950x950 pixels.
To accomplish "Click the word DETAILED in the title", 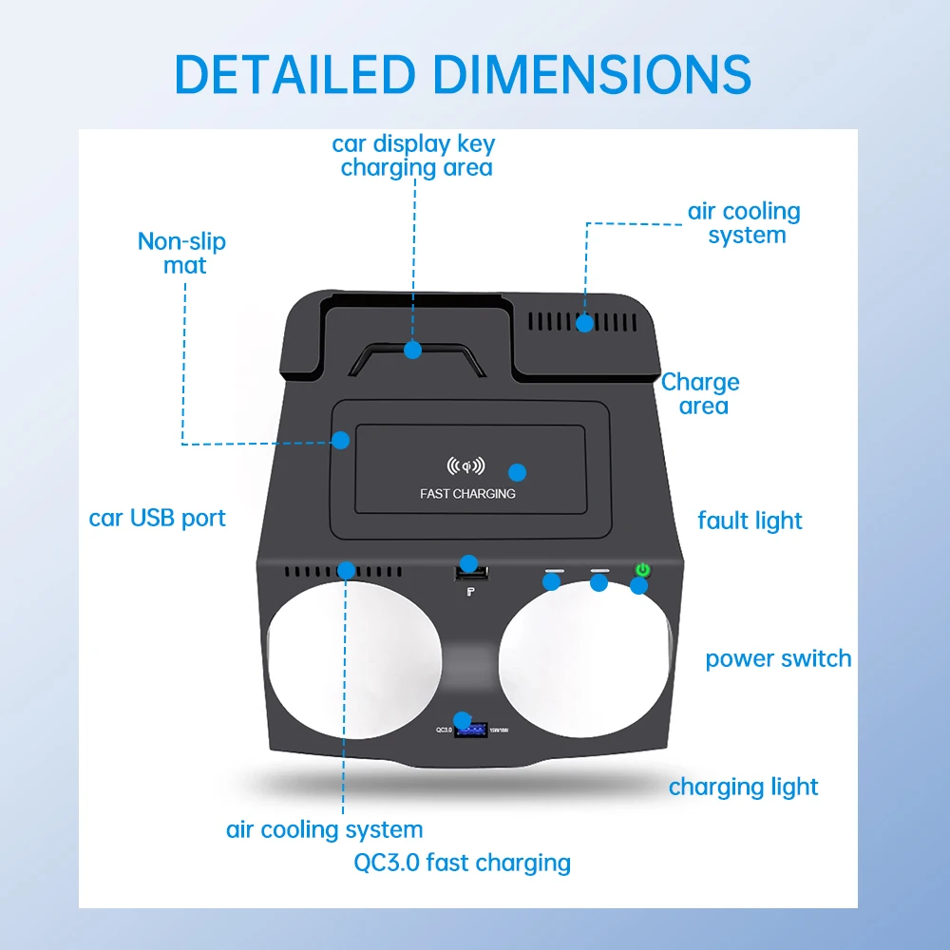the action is tap(295, 74).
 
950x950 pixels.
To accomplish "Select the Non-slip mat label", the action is tap(182, 253).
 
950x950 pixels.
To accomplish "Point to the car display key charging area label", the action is tap(414, 156).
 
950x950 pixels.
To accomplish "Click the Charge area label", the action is tap(700, 394).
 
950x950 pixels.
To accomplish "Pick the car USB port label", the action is tap(158, 519).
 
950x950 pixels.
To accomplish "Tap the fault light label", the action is tap(750, 521).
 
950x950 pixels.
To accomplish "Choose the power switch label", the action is tap(778, 659).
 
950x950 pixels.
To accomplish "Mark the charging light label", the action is tap(743, 788).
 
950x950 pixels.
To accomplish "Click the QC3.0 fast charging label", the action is tap(462, 863).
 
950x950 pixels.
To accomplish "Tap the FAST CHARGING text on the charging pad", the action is tap(467, 494).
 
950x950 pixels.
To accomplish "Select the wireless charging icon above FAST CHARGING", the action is tap(465, 466).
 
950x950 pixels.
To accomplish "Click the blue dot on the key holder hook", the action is tap(412, 350).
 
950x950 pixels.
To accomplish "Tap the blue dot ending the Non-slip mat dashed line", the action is tap(340, 440).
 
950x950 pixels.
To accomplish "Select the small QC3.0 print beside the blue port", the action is tap(444, 730).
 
